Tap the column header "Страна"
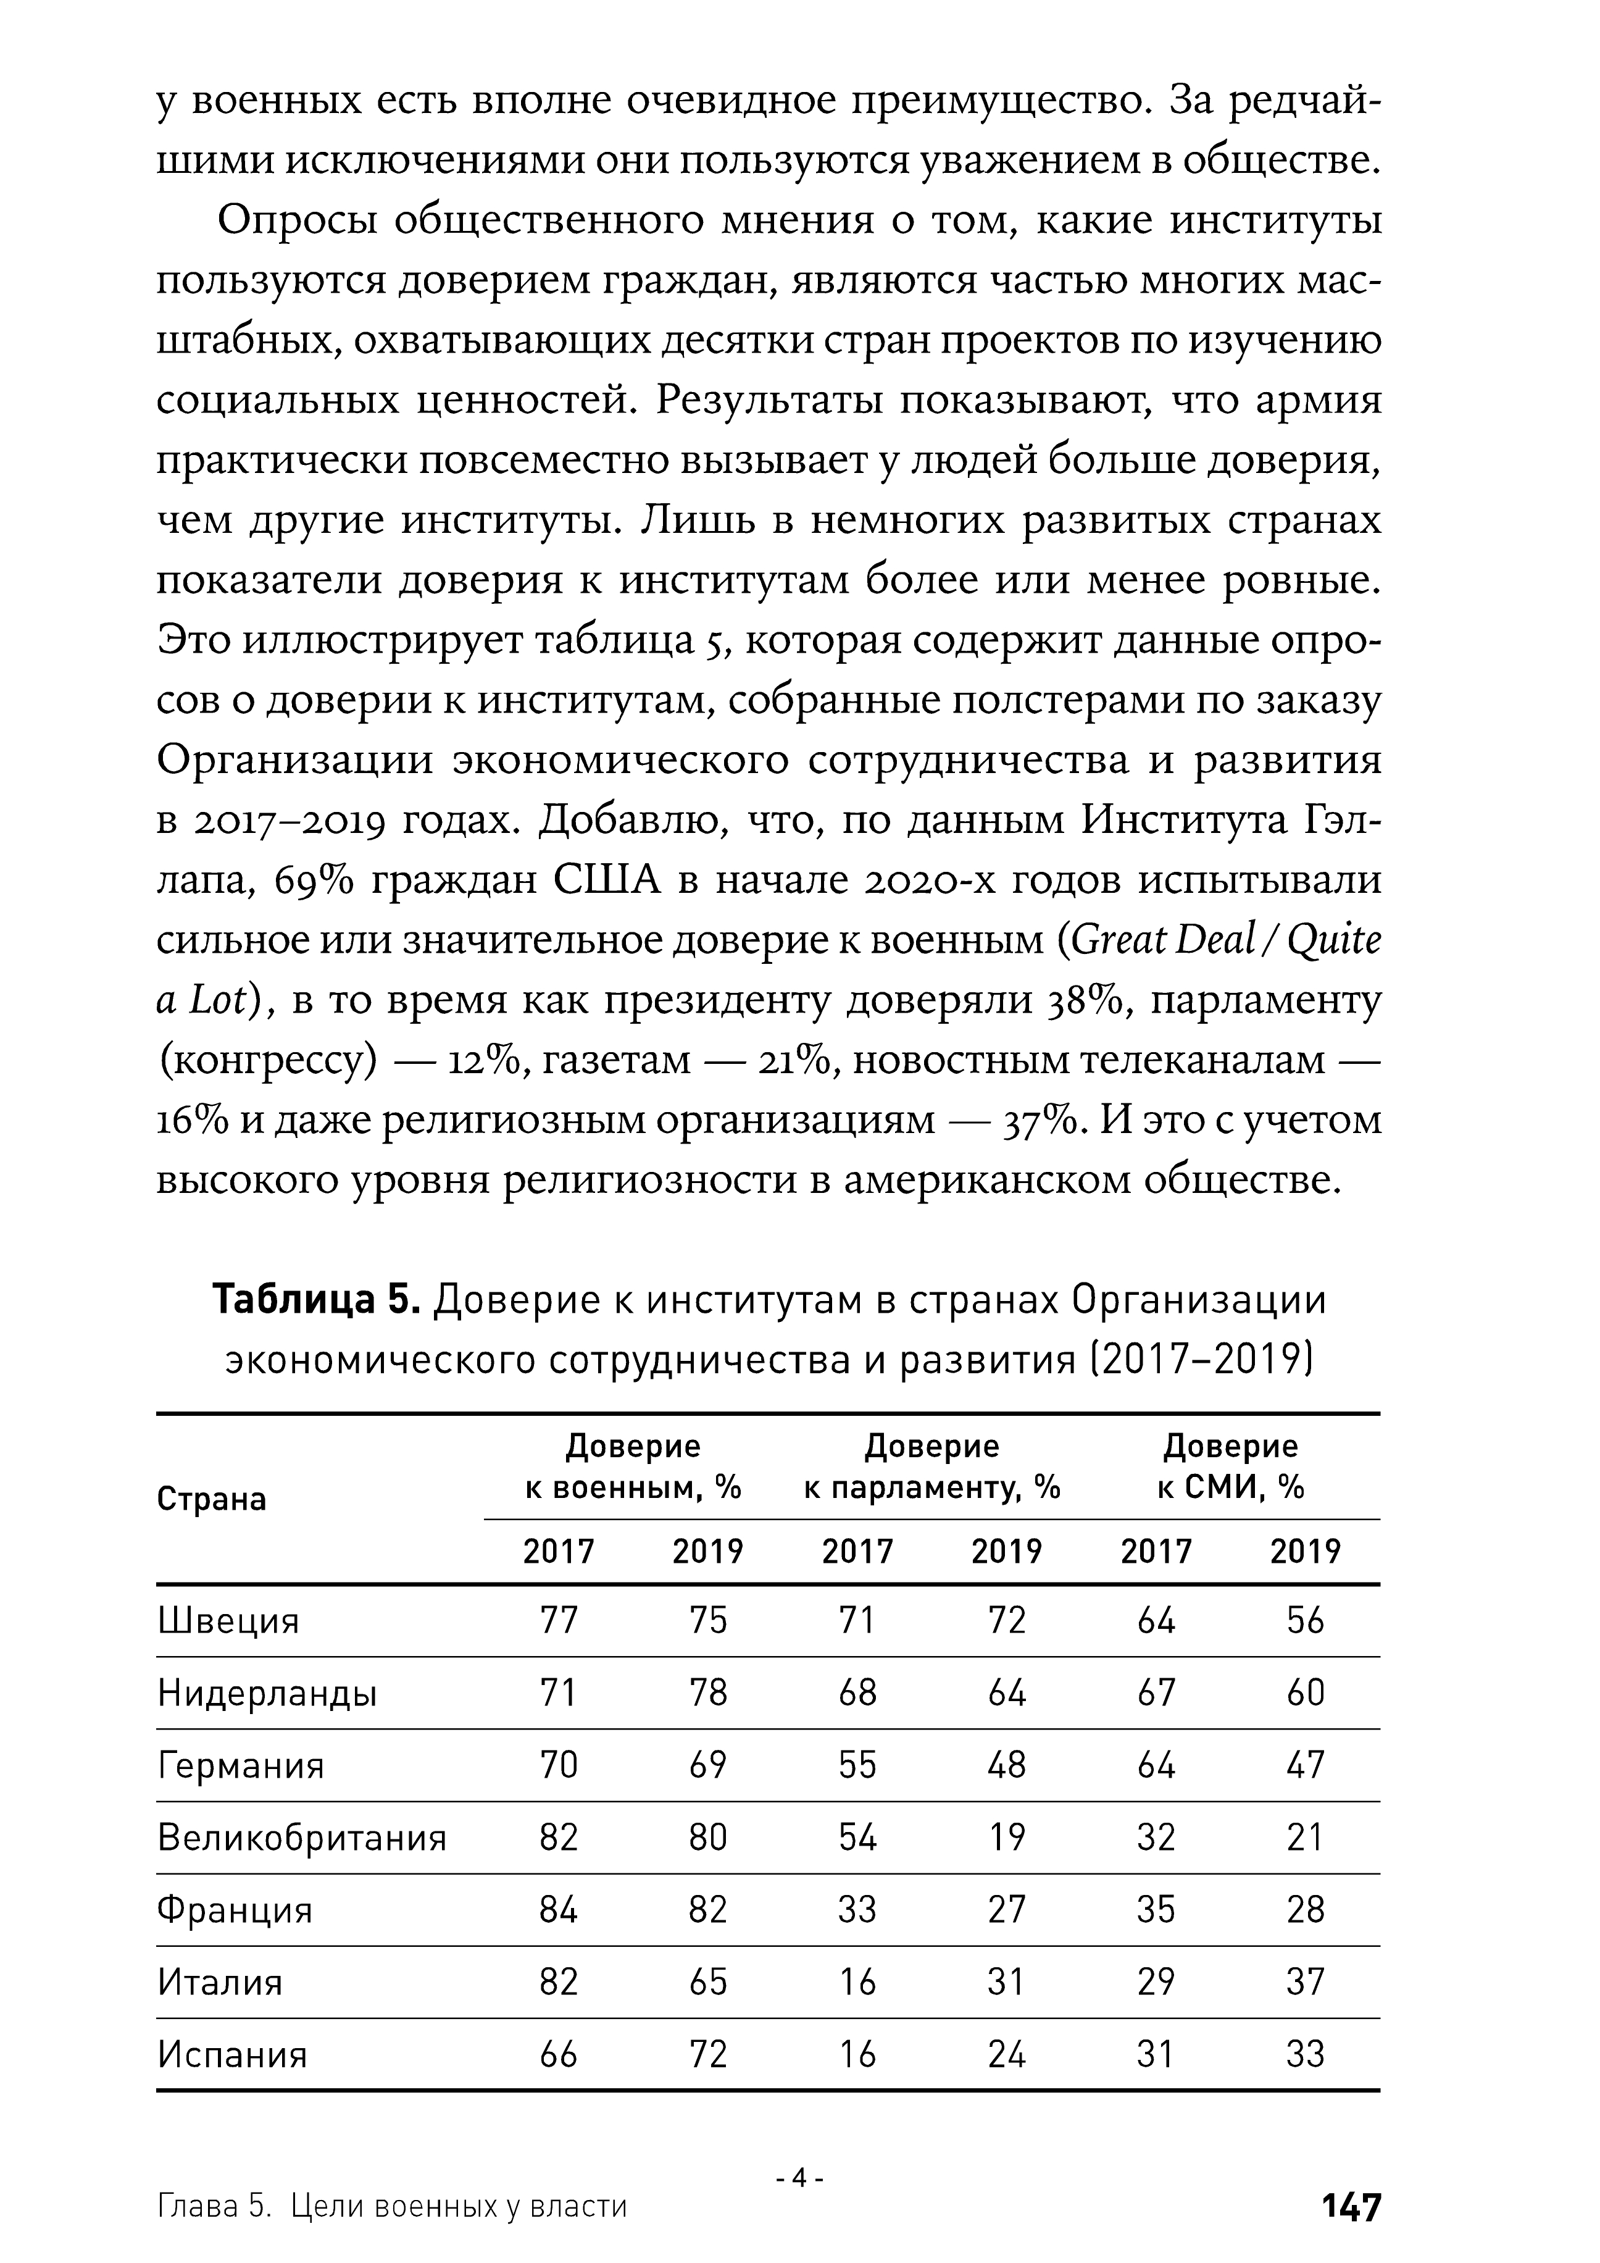click(x=212, y=1500)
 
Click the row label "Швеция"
click(x=228, y=1621)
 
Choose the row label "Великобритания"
click(x=301, y=1838)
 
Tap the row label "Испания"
click(x=233, y=2055)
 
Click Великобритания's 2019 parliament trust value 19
click(x=1006, y=1838)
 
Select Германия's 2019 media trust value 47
click(x=1306, y=1765)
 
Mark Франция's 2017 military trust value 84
click(x=559, y=1910)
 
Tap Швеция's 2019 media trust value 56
click(x=1306, y=1621)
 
